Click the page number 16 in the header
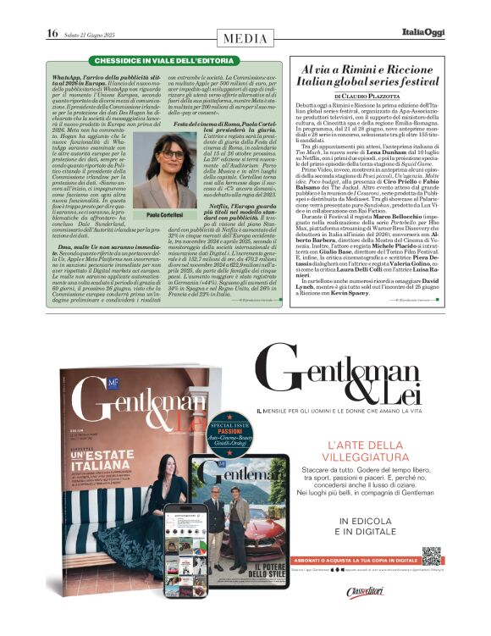52,33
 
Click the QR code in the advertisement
431,556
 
